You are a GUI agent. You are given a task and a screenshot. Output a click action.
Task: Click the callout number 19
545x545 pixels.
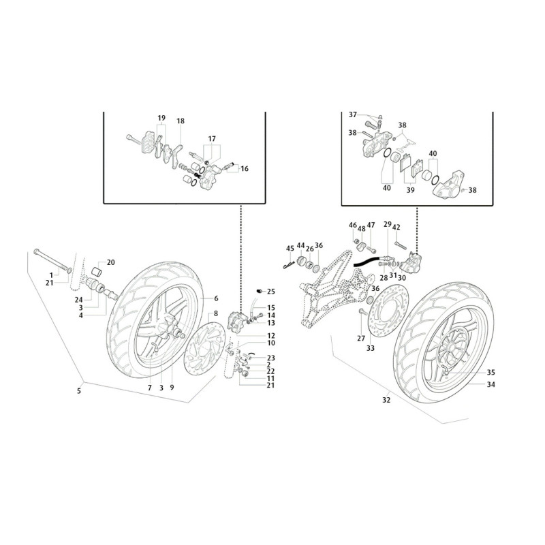161,118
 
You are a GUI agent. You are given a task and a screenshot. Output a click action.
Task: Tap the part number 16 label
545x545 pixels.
245,168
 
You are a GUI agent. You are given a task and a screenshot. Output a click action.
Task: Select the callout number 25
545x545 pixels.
270,292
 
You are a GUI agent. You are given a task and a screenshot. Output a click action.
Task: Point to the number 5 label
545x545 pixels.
79,391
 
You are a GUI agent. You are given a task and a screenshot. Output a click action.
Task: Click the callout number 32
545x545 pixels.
386,400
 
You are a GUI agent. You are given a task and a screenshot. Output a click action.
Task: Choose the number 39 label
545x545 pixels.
411,190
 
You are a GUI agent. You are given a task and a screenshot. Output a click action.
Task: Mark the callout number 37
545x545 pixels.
353,114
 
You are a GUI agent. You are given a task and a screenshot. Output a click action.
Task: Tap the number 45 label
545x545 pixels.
290,248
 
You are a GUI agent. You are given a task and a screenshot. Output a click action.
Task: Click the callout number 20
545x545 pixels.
110,262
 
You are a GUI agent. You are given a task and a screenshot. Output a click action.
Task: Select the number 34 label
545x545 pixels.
490,384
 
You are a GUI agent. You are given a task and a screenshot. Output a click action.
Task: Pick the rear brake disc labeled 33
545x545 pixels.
388,311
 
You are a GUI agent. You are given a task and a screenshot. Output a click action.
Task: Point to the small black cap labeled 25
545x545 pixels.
259,291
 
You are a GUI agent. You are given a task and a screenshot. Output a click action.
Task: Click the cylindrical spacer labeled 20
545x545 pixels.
97,271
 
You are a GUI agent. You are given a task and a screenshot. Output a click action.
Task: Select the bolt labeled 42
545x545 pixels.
401,245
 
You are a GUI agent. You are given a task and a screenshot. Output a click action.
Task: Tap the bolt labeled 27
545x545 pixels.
362,311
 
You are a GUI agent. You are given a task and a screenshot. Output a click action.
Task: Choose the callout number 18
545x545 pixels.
181,121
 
